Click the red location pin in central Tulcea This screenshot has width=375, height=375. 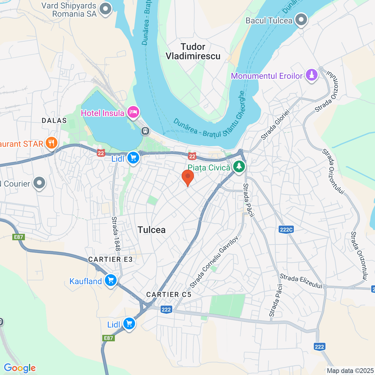pos(188,177)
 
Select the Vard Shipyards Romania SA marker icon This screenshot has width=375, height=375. pos(105,9)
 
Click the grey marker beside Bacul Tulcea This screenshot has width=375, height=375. pos(301,20)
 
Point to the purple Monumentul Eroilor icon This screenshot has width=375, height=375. pos(311,75)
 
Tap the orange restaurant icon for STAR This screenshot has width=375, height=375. pos(51,143)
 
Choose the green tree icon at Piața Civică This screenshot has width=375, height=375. pos(239,167)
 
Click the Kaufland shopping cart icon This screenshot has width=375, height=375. pos(111,280)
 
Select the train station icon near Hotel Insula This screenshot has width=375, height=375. pos(145,131)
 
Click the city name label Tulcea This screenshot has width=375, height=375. pos(151,230)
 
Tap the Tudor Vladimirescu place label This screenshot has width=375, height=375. pos(193,51)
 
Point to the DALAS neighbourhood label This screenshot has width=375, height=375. pos(54,121)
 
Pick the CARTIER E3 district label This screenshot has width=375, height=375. pos(110,260)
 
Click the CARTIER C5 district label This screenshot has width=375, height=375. pos(169,295)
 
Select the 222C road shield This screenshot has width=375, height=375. pos(286,229)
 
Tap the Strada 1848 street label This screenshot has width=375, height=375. pos(116,233)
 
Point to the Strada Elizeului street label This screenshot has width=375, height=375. pos(301,281)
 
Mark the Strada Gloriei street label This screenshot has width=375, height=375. pos(275,125)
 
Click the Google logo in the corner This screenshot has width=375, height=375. pos(20,368)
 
